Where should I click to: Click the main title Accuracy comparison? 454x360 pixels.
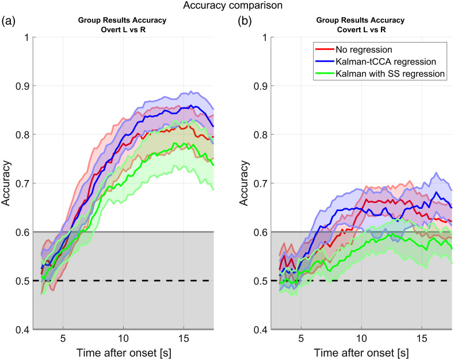tap(227, 7)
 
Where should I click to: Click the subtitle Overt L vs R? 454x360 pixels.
tap(122, 29)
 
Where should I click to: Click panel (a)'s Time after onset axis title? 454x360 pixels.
tap(122, 350)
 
